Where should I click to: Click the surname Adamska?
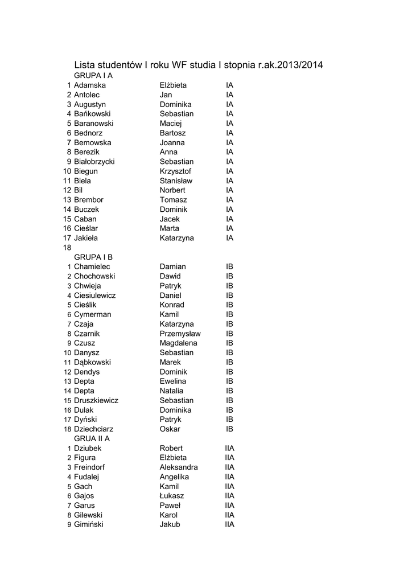[90, 85]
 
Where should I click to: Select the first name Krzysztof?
[175, 171]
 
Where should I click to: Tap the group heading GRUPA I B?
[93, 257]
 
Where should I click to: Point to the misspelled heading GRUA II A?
[92, 439]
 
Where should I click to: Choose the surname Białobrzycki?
[94, 162]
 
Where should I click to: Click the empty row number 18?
[67, 248]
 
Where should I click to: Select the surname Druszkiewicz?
[96, 401]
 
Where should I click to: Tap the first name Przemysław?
[180, 334]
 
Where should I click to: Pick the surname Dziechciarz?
[94, 429]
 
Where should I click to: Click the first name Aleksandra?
[179, 467]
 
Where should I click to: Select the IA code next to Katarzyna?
[230, 238]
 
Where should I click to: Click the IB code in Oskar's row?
[230, 429]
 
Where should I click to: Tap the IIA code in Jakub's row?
[230, 525]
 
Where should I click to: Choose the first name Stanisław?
[176, 181]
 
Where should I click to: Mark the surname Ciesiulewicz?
[95, 295]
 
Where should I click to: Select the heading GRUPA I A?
[93, 76]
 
